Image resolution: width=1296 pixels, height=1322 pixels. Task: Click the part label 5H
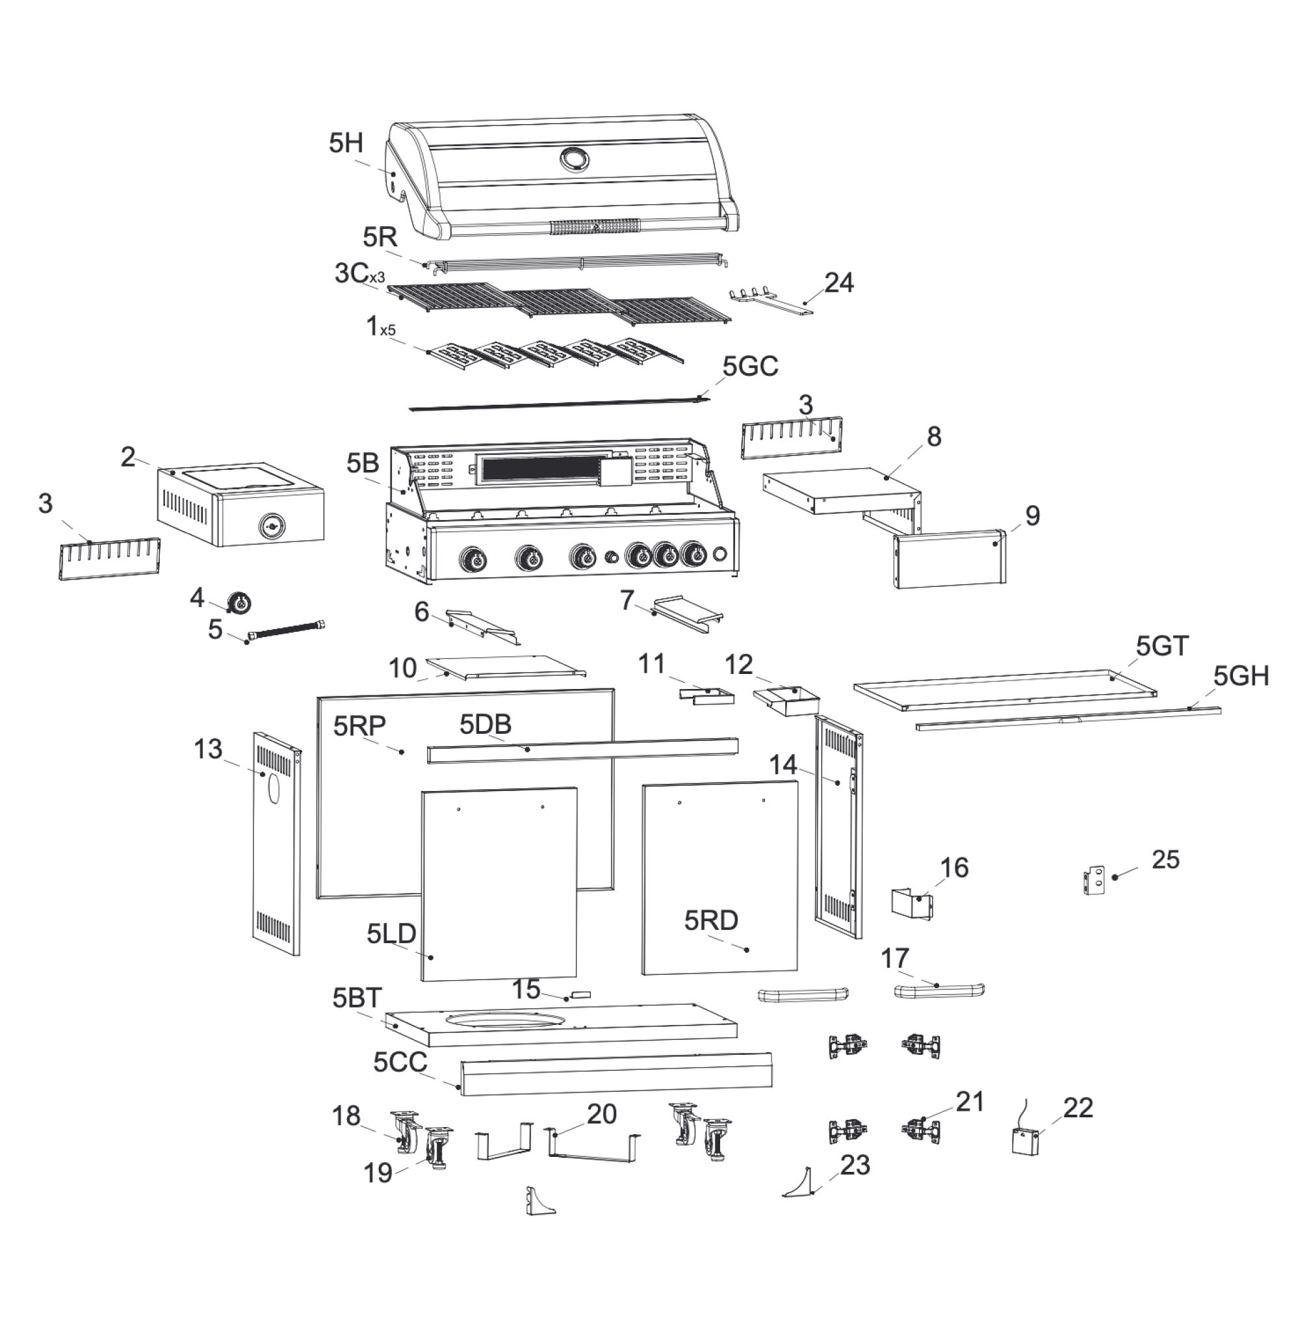tap(346, 144)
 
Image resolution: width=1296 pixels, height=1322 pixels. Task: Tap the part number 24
tap(838, 283)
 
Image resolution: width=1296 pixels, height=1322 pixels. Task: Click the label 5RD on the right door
tap(711, 920)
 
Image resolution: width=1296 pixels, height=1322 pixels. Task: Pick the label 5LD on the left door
tap(391, 933)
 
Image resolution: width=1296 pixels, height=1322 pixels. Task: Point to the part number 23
tap(855, 1165)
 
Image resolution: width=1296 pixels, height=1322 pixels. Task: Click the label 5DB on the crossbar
tap(486, 725)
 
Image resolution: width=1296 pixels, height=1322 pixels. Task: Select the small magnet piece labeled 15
tap(580, 994)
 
